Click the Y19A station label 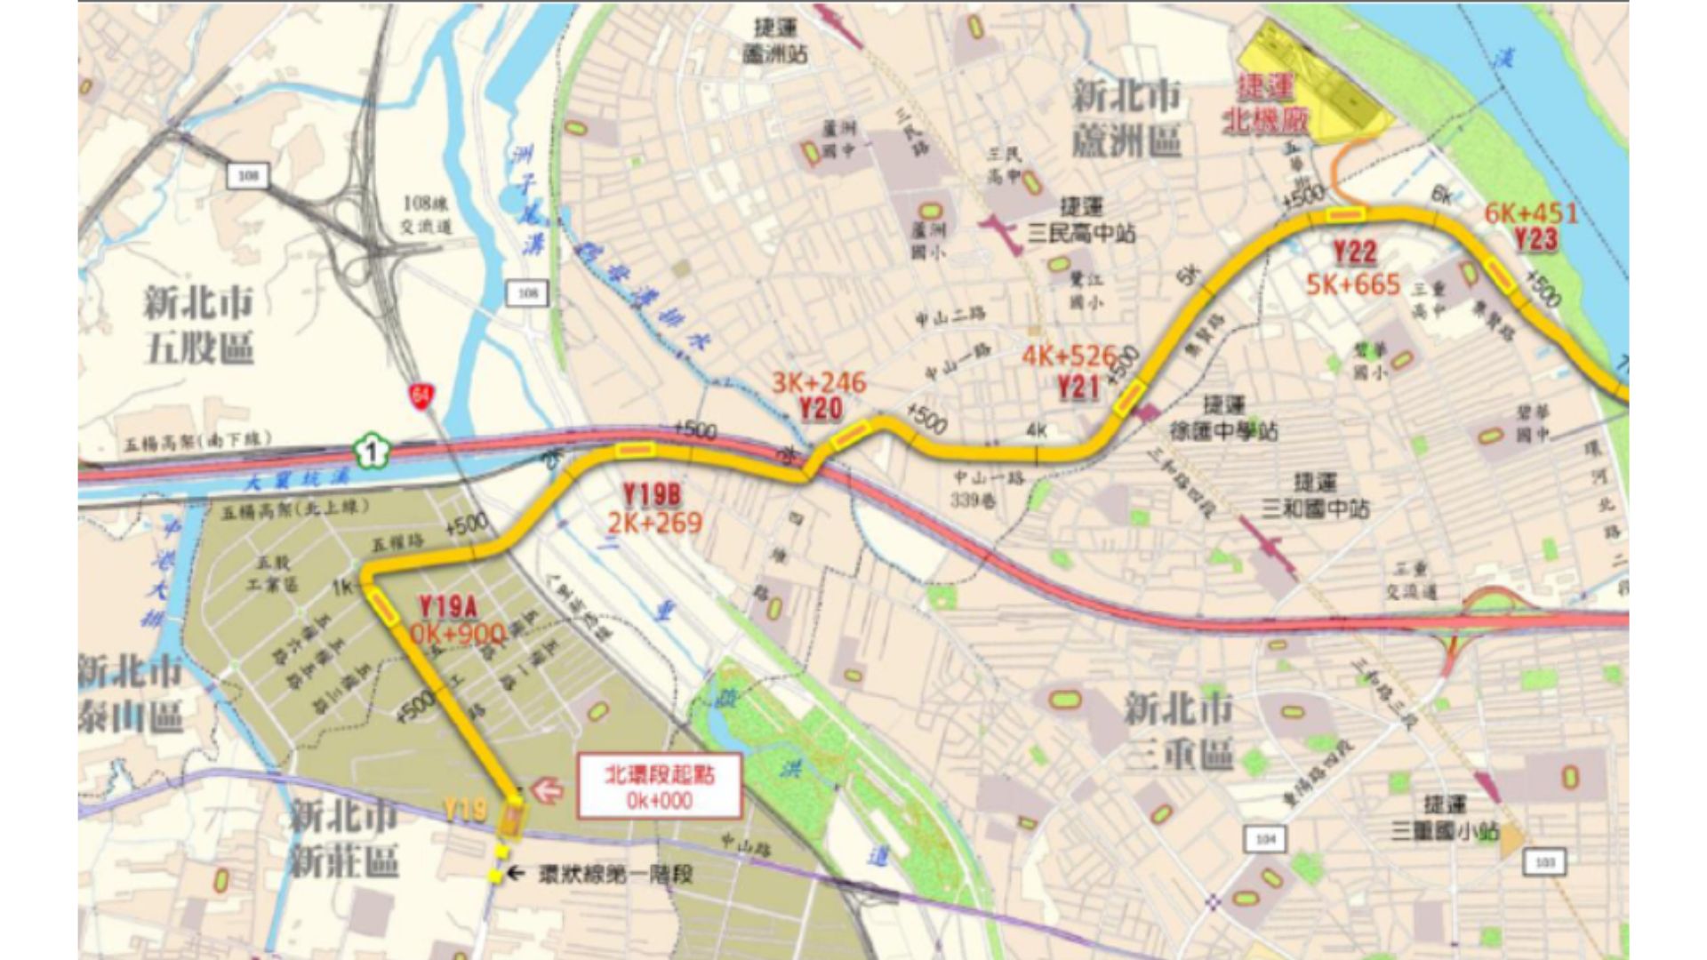(x=448, y=607)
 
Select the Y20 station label (x=820, y=409)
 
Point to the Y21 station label (x=1078, y=387)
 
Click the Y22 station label (x=1354, y=253)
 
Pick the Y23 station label (x=1535, y=238)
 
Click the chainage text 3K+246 (x=818, y=383)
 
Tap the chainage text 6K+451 (x=1531, y=213)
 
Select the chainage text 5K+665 (x=1352, y=284)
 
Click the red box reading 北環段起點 (x=659, y=787)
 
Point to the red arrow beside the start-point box (x=547, y=789)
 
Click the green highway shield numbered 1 (x=373, y=451)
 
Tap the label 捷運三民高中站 (x=1081, y=221)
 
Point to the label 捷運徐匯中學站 (x=1224, y=419)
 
